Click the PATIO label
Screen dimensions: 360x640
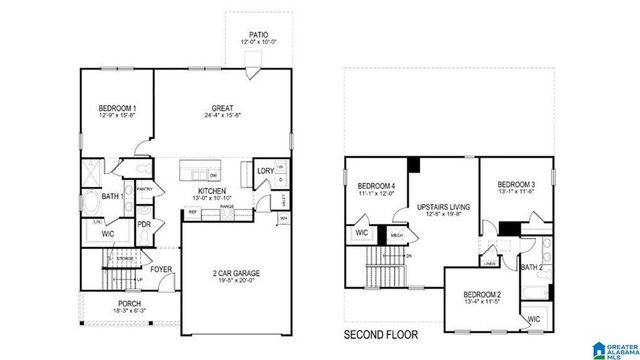(258, 35)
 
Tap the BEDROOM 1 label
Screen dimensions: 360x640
(118, 108)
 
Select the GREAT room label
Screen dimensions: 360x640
(222, 108)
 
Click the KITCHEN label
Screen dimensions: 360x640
(211, 190)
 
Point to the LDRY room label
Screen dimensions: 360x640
(265, 171)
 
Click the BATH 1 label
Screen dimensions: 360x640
(111, 197)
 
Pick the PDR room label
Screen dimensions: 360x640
(144, 224)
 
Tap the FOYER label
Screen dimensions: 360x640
(162, 268)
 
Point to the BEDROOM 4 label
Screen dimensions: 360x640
(376, 186)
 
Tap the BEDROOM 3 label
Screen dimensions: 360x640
(517, 185)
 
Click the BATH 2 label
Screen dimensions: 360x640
(532, 268)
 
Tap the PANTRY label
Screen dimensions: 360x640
(142, 187)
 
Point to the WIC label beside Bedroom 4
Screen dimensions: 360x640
(360, 235)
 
